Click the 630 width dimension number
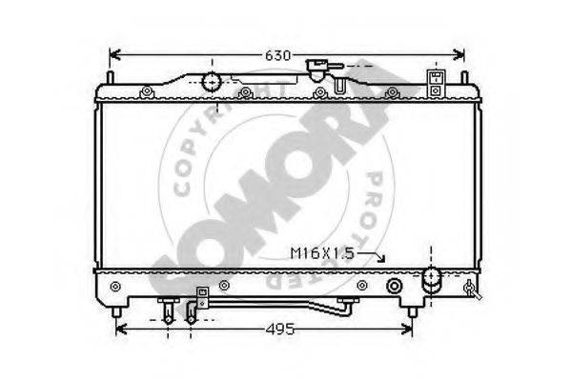(277, 55)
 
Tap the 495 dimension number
(280, 330)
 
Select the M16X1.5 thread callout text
(322, 253)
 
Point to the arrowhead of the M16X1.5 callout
(381, 258)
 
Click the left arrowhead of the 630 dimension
(114, 55)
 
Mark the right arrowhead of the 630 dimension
(459, 55)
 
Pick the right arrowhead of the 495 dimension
(407, 330)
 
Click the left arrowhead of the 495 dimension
(121, 330)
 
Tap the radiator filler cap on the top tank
(316, 70)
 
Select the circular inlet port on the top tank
(212, 82)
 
